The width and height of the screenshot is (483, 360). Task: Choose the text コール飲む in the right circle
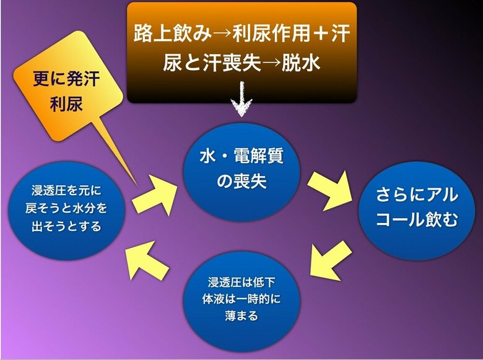(417, 221)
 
